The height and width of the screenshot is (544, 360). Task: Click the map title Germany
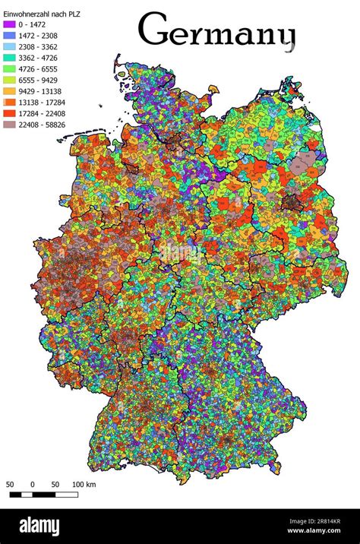coord(216,32)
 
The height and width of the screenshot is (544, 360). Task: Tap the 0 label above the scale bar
coord(33,484)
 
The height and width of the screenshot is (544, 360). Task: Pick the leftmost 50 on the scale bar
coord(10,484)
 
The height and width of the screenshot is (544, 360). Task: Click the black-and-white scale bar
coord(43,495)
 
